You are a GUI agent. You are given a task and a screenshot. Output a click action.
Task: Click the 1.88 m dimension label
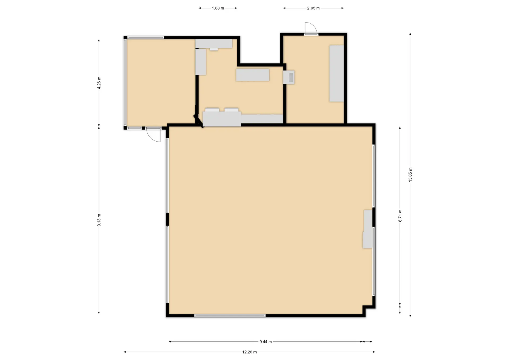coord(218,8)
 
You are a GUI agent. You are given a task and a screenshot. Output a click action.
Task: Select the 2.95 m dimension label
coord(313,8)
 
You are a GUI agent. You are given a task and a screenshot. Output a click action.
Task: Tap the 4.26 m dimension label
coord(99,83)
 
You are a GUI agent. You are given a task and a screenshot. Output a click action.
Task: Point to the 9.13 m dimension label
coord(99,220)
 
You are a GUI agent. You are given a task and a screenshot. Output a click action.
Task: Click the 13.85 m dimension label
coord(410,174)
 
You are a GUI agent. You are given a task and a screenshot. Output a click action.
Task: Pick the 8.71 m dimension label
coord(400,216)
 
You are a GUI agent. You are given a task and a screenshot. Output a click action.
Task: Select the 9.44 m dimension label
coord(266,342)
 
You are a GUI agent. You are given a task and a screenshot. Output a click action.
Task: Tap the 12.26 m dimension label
coord(249,352)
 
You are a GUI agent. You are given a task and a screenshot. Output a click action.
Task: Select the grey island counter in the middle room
coord(253,75)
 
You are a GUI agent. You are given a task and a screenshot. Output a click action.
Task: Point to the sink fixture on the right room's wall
coord(289,77)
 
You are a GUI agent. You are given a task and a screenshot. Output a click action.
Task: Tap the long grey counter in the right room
coord(336,73)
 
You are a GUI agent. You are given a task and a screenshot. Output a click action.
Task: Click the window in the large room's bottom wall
coord(230,316)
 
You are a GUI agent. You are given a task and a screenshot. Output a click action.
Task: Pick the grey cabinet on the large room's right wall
coord(367,229)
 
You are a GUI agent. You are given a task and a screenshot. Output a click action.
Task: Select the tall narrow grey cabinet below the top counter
coord(201,62)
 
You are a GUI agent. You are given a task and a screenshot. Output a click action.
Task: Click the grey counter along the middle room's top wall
coord(214,44)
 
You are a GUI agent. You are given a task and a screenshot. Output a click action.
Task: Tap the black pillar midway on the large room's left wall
coord(167,219)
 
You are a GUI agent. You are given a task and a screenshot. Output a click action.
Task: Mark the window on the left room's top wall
coord(146,38)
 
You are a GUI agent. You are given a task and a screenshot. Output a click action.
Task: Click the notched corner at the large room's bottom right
coord(364,307)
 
